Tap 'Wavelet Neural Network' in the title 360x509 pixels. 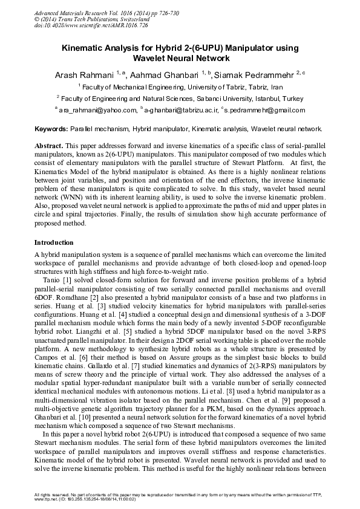181,58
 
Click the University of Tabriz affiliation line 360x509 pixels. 180,87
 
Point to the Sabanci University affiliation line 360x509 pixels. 180,98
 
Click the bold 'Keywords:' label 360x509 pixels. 51,129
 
